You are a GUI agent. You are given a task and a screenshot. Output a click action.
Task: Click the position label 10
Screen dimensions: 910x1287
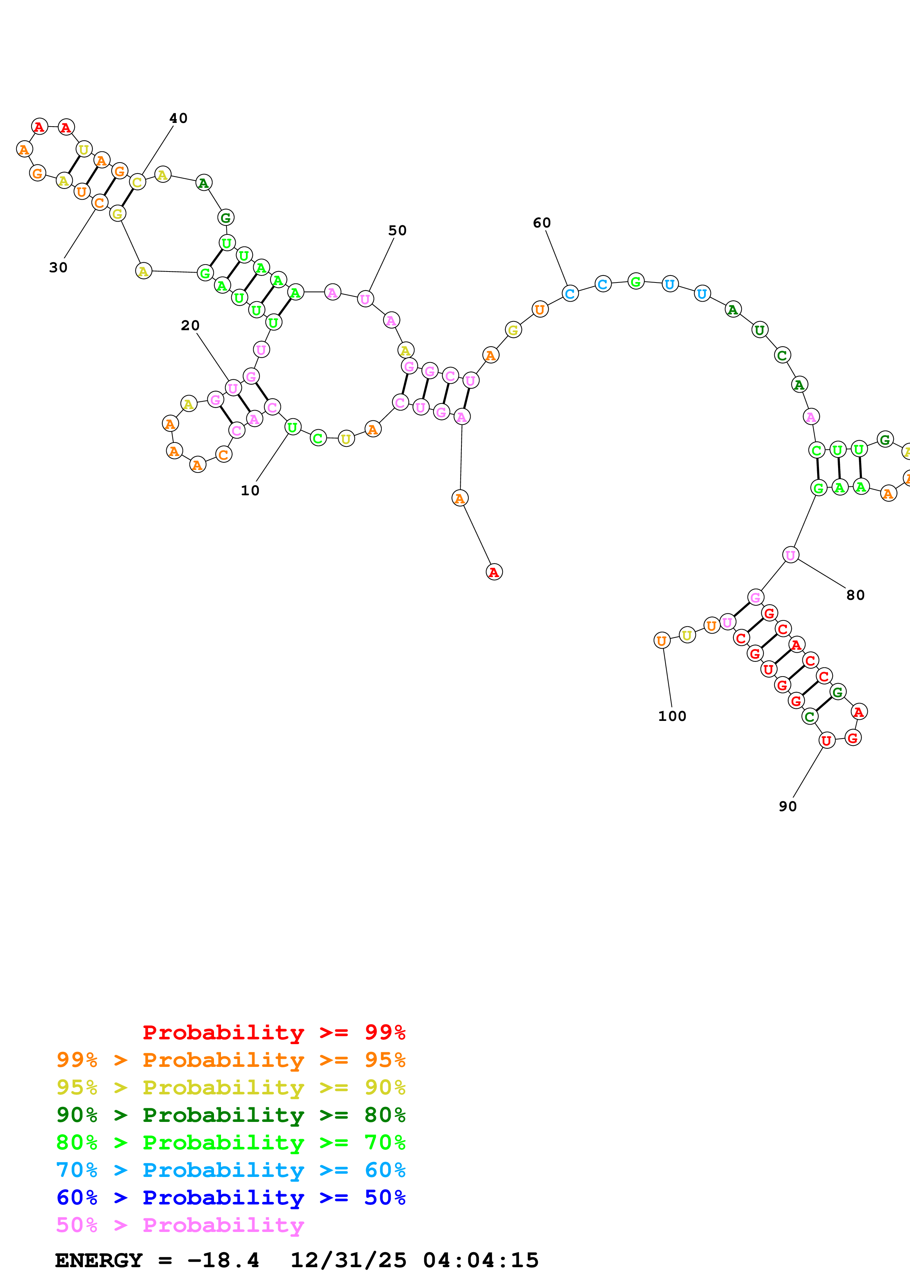[250, 491]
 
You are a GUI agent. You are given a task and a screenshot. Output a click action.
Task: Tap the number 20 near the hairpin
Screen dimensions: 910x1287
[190, 326]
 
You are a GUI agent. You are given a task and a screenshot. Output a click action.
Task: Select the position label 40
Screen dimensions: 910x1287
[178, 118]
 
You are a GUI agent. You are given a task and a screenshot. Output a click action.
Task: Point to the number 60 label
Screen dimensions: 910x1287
[541, 223]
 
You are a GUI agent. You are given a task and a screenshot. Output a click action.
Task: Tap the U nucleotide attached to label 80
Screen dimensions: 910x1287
[790, 555]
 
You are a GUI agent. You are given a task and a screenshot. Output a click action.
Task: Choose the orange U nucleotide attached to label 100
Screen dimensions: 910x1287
[661, 640]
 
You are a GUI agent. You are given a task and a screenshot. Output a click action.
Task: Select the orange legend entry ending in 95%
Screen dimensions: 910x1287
[231, 1060]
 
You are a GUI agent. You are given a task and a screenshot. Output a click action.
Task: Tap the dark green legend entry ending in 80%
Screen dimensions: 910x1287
[231, 1115]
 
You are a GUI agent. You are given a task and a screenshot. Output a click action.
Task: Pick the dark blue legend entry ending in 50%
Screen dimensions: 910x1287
[231, 1197]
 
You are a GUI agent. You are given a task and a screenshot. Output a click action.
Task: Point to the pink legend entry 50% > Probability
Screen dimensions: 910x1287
[180, 1225]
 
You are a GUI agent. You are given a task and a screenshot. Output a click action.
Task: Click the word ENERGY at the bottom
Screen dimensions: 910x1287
[99, 1260]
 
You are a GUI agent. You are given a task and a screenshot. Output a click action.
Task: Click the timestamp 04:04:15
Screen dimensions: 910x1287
[481, 1260]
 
